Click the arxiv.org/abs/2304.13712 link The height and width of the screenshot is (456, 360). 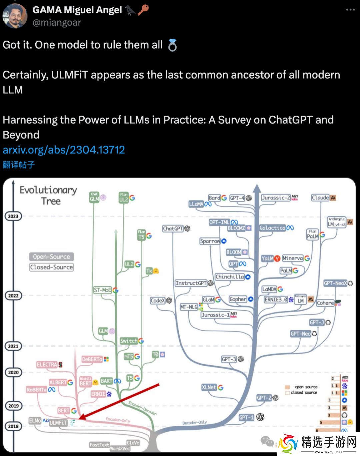point(64,150)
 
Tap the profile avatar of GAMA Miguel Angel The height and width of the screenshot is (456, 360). point(15,16)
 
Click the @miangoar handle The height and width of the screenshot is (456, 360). point(57,22)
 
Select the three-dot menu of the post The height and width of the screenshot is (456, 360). point(350,10)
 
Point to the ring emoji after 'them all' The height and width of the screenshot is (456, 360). point(172,45)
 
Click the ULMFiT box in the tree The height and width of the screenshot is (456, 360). point(58,423)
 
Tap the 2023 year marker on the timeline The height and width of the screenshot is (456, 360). point(13,216)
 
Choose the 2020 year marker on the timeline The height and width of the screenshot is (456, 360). point(13,372)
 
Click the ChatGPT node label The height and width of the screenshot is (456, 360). point(173,229)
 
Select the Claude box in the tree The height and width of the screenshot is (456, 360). point(320,197)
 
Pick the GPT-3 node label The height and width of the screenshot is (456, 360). point(229,359)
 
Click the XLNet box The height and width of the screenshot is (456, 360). point(209,387)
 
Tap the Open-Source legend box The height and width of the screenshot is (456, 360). point(51,257)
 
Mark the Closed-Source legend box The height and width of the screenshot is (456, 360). point(51,267)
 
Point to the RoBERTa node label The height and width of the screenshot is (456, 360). point(37,390)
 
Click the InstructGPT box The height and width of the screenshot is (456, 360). point(191,283)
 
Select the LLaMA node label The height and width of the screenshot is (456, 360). point(196,204)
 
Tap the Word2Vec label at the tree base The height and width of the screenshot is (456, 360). point(120,448)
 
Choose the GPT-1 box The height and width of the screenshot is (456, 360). point(246,417)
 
